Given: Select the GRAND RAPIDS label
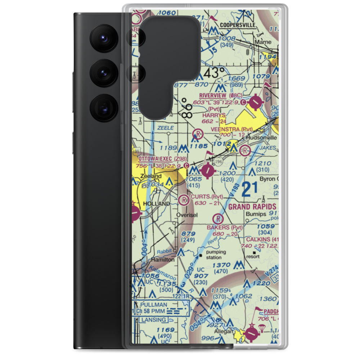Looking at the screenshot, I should (252, 207).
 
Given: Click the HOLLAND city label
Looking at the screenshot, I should (157, 203).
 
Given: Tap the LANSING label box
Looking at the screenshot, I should (154, 320).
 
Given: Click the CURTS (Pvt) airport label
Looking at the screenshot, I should (207, 197).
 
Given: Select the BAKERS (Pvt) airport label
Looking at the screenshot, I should (224, 228).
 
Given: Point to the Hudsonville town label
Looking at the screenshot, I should (261, 138).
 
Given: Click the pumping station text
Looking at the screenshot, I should (216, 255).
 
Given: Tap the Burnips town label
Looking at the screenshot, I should (256, 214).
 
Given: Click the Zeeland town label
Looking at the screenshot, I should (151, 176).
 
